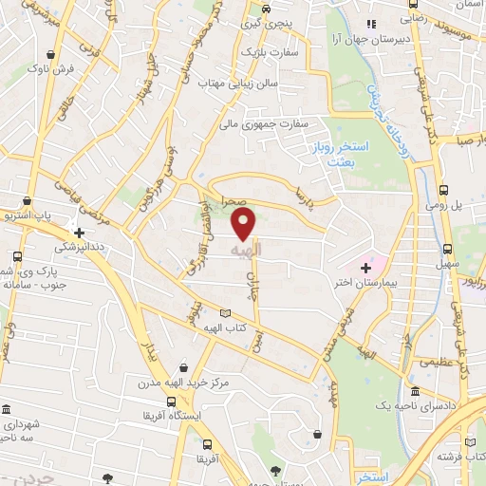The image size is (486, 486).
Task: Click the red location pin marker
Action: pyautogui.click(x=245, y=224)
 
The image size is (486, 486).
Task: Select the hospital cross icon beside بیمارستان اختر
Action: pyautogui.click(x=366, y=269)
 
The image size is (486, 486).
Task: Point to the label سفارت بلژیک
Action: pyautogui.click(x=270, y=51)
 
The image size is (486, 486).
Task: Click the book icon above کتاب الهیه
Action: pyautogui.click(x=224, y=313)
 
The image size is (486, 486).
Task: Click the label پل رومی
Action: pyautogui.click(x=468, y=205)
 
